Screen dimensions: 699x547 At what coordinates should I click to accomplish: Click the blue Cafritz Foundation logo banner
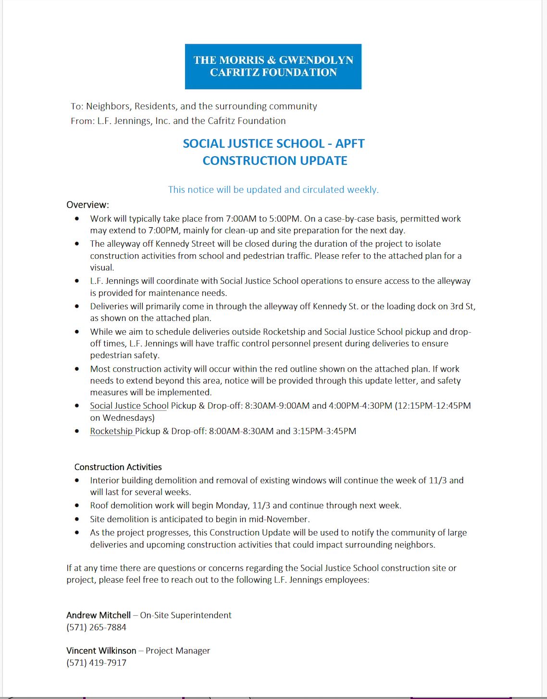273,66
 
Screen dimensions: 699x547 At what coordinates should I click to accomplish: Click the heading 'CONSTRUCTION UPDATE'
274,161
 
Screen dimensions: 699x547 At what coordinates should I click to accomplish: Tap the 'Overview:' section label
87,205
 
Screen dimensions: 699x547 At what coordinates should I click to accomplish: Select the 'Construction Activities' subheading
118,467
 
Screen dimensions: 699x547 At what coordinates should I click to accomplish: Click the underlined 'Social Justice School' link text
129,406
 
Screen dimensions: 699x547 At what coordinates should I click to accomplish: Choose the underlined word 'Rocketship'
111,431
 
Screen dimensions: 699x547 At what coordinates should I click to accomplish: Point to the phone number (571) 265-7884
96,627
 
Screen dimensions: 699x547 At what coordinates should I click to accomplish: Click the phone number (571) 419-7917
96,663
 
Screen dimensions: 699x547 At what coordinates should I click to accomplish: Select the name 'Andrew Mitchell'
99,615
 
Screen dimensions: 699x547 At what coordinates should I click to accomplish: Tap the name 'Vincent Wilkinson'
101,651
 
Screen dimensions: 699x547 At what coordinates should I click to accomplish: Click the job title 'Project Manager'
178,651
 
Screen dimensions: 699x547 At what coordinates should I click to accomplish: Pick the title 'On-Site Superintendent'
186,615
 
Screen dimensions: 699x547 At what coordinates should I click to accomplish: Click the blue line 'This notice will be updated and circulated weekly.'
273,190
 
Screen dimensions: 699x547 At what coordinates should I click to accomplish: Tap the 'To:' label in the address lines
77,106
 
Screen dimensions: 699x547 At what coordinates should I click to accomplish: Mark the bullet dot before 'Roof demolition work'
77,506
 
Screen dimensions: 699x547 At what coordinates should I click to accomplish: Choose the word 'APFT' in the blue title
350,144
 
